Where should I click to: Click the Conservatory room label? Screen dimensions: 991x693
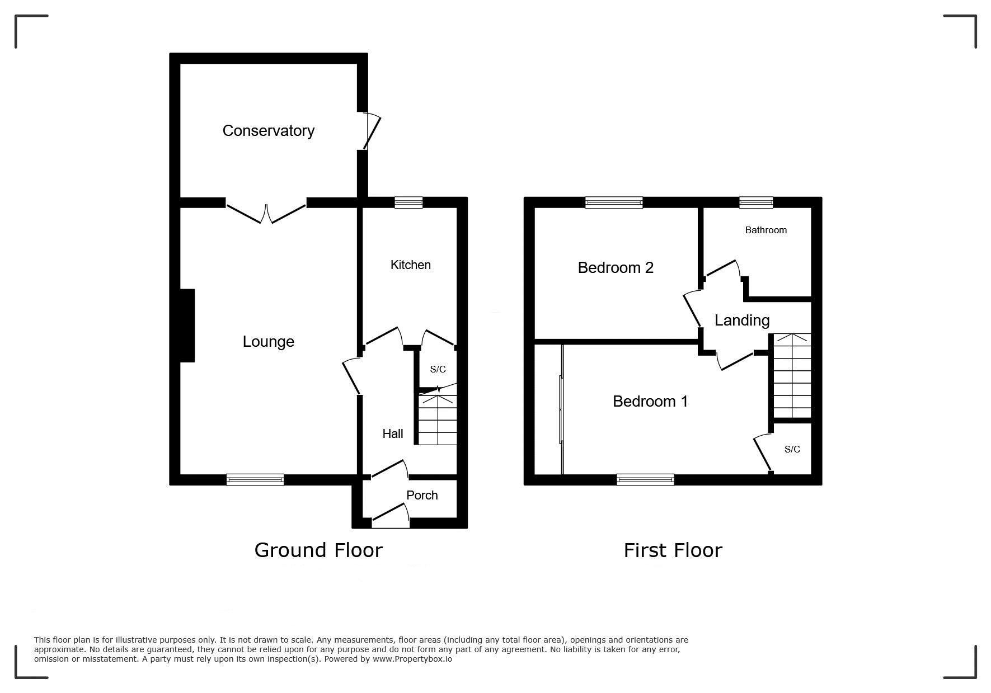coord(268,131)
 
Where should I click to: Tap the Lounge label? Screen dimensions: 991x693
coord(268,342)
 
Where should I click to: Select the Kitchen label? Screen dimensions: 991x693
coord(410,265)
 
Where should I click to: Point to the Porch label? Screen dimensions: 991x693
coord(422,495)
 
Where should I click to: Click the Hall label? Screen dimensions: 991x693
coord(392,433)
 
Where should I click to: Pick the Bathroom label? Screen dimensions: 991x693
coord(765,230)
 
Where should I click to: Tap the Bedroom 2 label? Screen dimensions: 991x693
coord(616,268)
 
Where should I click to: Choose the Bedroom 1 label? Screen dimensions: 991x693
coord(650,401)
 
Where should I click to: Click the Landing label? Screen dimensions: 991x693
coord(742,320)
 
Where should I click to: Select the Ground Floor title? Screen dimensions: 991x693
coord(318,550)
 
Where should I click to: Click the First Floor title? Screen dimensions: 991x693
coord(673,550)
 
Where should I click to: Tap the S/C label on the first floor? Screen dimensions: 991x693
coord(792,449)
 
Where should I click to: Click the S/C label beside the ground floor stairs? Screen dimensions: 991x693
coord(438,369)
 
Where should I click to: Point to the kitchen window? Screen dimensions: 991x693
coord(408,202)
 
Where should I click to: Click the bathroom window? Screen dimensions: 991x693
coord(756,202)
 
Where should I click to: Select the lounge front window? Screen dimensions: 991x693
coord(255,479)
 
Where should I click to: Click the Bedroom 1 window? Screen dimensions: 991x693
coord(645,479)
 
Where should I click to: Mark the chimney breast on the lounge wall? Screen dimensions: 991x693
coord(187,326)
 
